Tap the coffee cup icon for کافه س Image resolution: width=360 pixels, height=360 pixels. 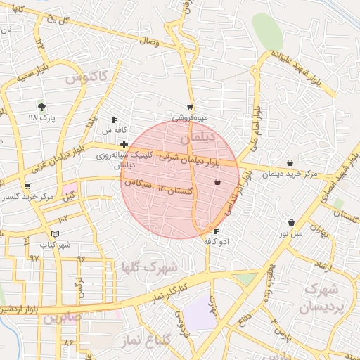pyautogui.click(x=115, y=120)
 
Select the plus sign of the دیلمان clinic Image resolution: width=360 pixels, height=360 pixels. pyautogui.click(x=124, y=144)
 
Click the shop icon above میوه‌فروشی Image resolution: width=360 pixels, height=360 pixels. pyautogui.click(x=190, y=107)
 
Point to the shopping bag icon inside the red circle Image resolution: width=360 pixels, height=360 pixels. pyautogui.click(x=217, y=182)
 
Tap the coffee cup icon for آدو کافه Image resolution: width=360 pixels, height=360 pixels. pyautogui.click(x=215, y=231)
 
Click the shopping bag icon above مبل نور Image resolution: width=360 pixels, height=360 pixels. pyautogui.click(x=290, y=222)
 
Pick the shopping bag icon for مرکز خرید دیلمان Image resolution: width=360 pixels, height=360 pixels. pyautogui.click(x=290, y=163)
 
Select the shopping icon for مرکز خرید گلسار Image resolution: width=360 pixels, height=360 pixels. pyautogui.click(x=27, y=187)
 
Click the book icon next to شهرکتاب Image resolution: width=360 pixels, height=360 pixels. pyautogui.click(x=56, y=234)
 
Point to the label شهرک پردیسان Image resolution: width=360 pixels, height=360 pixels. pyautogui.click(x=320, y=298)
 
